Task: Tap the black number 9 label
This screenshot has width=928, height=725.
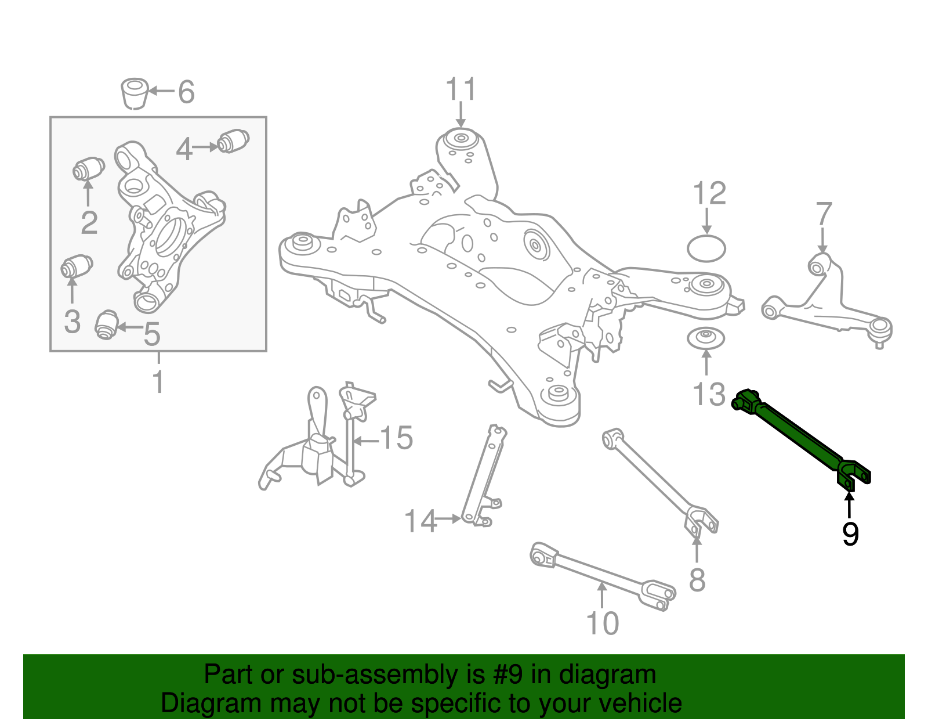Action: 850,534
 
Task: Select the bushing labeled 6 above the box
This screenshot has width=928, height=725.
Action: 135,92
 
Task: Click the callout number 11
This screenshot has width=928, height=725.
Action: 461,90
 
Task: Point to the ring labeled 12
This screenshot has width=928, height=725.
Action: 706,248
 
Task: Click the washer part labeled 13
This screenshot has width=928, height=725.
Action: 706,338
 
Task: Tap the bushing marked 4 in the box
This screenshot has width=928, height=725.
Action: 233,141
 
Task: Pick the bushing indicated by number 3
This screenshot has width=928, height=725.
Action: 77,267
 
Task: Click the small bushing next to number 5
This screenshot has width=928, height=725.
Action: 107,325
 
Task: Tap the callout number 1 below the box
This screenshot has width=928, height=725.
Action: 158,383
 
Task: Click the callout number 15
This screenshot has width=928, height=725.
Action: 397,438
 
